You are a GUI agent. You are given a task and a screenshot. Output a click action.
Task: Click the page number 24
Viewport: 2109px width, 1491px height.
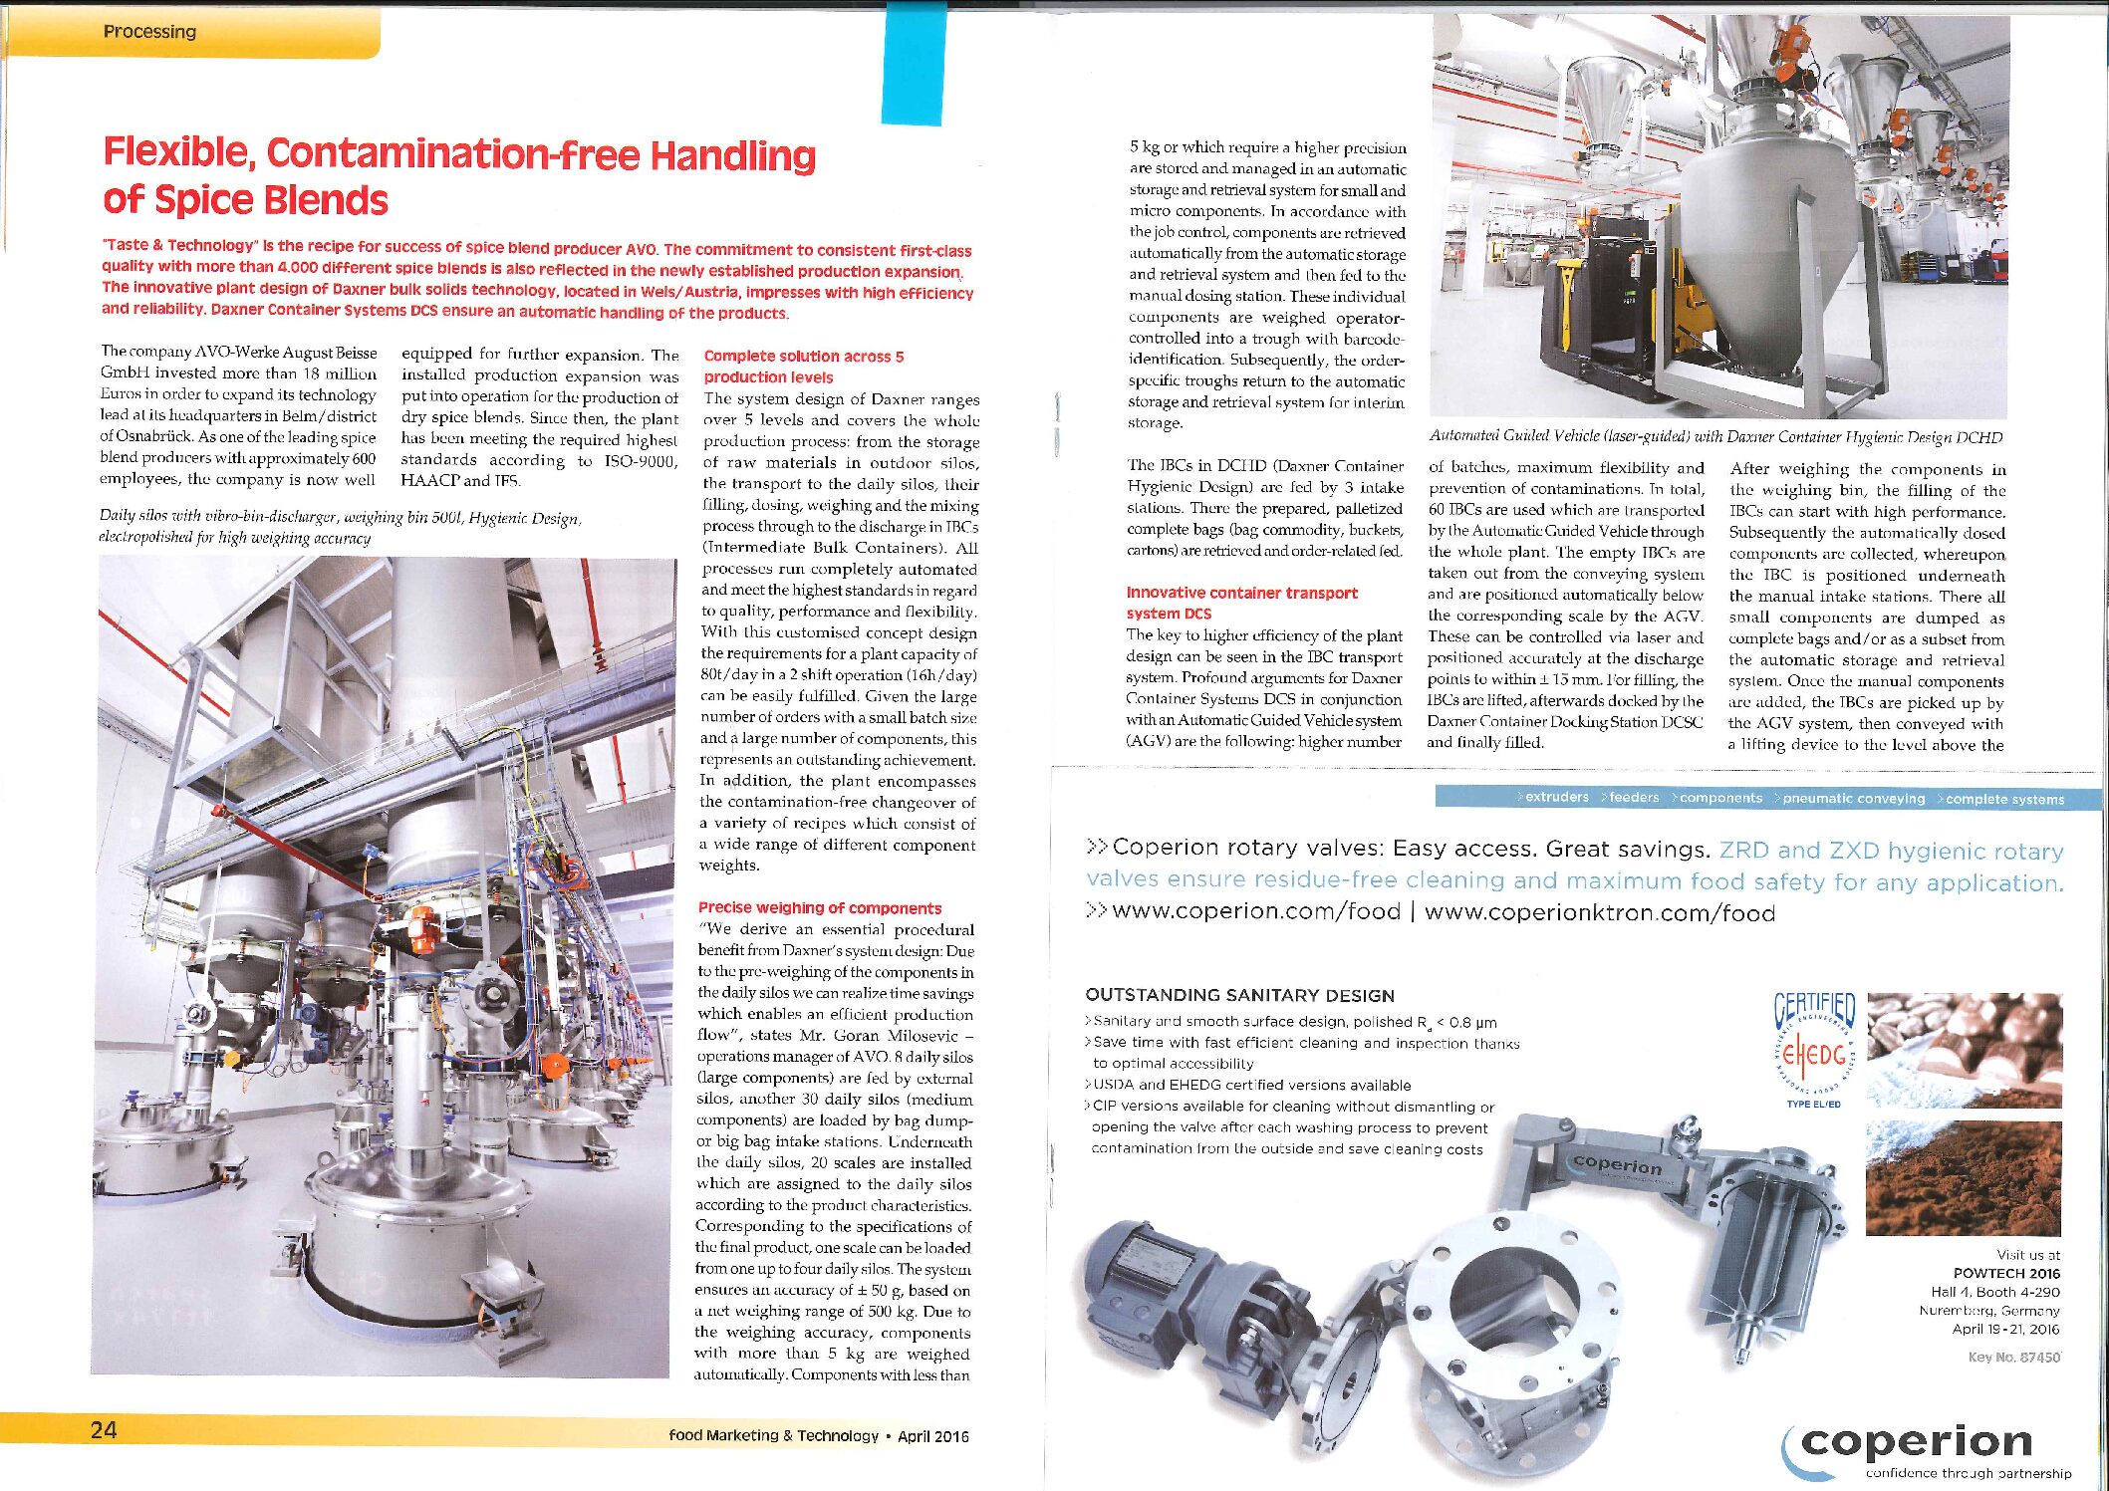pyautogui.click(x=104, y=1430)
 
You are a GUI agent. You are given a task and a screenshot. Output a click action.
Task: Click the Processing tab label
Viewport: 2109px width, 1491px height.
pyautogui.click(x=149, y=32)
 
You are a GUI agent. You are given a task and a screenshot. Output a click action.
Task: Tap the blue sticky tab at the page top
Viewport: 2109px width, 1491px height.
pyautogui.click(x=913, y=63)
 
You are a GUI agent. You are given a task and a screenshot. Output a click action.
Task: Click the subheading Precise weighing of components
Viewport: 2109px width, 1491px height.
pyautogui.click(x=819, y=907)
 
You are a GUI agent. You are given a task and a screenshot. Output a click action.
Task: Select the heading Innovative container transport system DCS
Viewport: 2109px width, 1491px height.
pyautogui.click(x=1241, y=603)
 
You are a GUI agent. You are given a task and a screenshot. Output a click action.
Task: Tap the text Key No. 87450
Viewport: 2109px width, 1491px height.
pyautogui.click(x=2013, y=1357)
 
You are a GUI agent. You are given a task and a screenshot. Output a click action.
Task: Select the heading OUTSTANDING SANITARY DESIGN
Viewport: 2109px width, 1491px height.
pyautogui.click(x=1239, y=995)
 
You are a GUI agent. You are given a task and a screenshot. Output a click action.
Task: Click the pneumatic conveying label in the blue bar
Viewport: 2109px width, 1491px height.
pyautogui.click(x=1853, y=799)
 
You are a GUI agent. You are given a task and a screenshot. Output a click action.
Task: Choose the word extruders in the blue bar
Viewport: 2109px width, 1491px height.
pyautogui.click(x=1556, y=797)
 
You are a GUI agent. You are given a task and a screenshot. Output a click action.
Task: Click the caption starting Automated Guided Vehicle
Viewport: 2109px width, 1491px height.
pyautogui.click(x=1714, y=436)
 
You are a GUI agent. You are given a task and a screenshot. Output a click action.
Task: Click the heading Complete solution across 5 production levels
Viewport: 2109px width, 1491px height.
pyautogui.click(x=803, y=367)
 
